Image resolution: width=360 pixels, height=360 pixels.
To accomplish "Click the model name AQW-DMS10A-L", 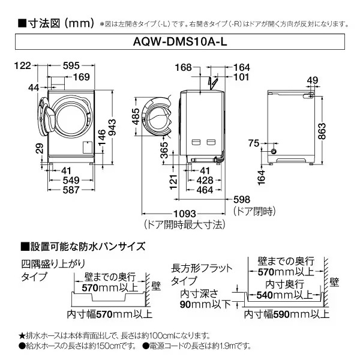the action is (x=180, y=42).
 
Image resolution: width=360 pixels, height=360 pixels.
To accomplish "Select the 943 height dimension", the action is (x=112, y=127).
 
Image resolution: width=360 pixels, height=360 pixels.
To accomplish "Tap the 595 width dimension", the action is (x=71, y=65).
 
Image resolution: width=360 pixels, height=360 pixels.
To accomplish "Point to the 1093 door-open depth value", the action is (x=185, y=214).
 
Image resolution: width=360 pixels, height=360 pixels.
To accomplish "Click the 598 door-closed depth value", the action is (x=242, y=199).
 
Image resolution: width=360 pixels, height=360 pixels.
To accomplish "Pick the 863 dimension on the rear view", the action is (x=322, y=131).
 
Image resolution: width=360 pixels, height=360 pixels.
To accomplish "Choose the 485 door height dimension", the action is (x=136, y=116).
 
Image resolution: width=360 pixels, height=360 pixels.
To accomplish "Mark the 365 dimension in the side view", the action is (x=164, y=150).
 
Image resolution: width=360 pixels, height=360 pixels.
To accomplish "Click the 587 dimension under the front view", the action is (x=71, y=190).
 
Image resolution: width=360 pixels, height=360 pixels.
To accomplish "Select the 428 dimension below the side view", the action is (x=205, y=181).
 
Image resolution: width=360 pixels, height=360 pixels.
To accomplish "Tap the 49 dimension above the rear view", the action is (x=313, y=80).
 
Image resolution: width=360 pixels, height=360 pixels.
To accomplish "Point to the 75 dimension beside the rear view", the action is (x=254, y=143).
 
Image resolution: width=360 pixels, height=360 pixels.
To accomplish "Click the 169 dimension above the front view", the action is (x=82, y=77).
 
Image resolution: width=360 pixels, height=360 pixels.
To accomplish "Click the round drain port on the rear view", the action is (x=274, y=151).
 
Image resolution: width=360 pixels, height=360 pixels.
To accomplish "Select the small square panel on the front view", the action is (x=88, y=148).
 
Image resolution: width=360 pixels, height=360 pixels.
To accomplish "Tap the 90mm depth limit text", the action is (x=205, y=304).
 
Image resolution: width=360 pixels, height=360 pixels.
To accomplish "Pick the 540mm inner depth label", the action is (x=284, y=295).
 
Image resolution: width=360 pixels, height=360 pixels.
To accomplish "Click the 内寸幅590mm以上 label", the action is (x=287, y=314).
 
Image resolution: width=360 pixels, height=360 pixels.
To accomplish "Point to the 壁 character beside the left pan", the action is (x=156, y=286).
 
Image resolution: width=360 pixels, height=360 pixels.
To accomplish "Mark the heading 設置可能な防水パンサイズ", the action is (x=83, y=247).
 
